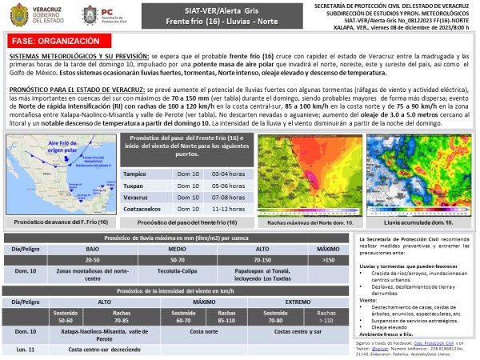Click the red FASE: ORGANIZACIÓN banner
point(48,40)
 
